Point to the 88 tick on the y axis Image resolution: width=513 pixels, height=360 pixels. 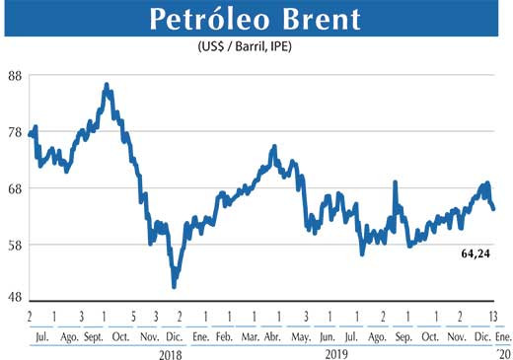click(15, 76)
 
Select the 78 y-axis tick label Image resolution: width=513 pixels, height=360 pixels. click(15, 132)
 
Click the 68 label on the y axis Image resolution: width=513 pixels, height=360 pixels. click(15, 188)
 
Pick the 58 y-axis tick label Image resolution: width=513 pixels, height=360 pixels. click(15, 245)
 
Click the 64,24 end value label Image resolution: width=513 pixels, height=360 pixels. click(476, 253)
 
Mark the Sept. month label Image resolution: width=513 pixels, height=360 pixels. click(95, 336)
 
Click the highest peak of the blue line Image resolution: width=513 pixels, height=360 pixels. click(107, 86)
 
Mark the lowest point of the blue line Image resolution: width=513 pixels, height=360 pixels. click(175, 286)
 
